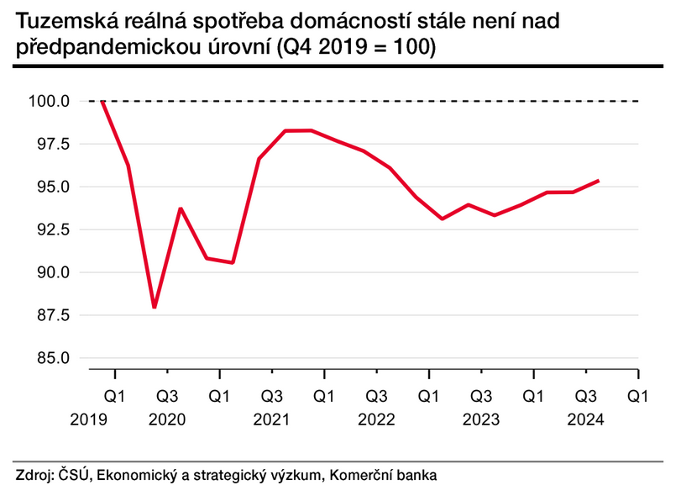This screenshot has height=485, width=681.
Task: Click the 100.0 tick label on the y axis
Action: (x=52, y=102)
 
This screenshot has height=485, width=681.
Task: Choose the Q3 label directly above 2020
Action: (x=167, y=395)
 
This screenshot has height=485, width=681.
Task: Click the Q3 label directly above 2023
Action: (x=481, y=395)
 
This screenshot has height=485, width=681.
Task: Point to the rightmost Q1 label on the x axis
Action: (x=638, y=395)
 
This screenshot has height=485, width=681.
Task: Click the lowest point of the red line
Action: (x=155, y=308)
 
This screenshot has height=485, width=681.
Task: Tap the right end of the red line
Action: (x=598, y=180)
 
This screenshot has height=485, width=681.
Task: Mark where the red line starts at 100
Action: (x=102, y=102)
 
